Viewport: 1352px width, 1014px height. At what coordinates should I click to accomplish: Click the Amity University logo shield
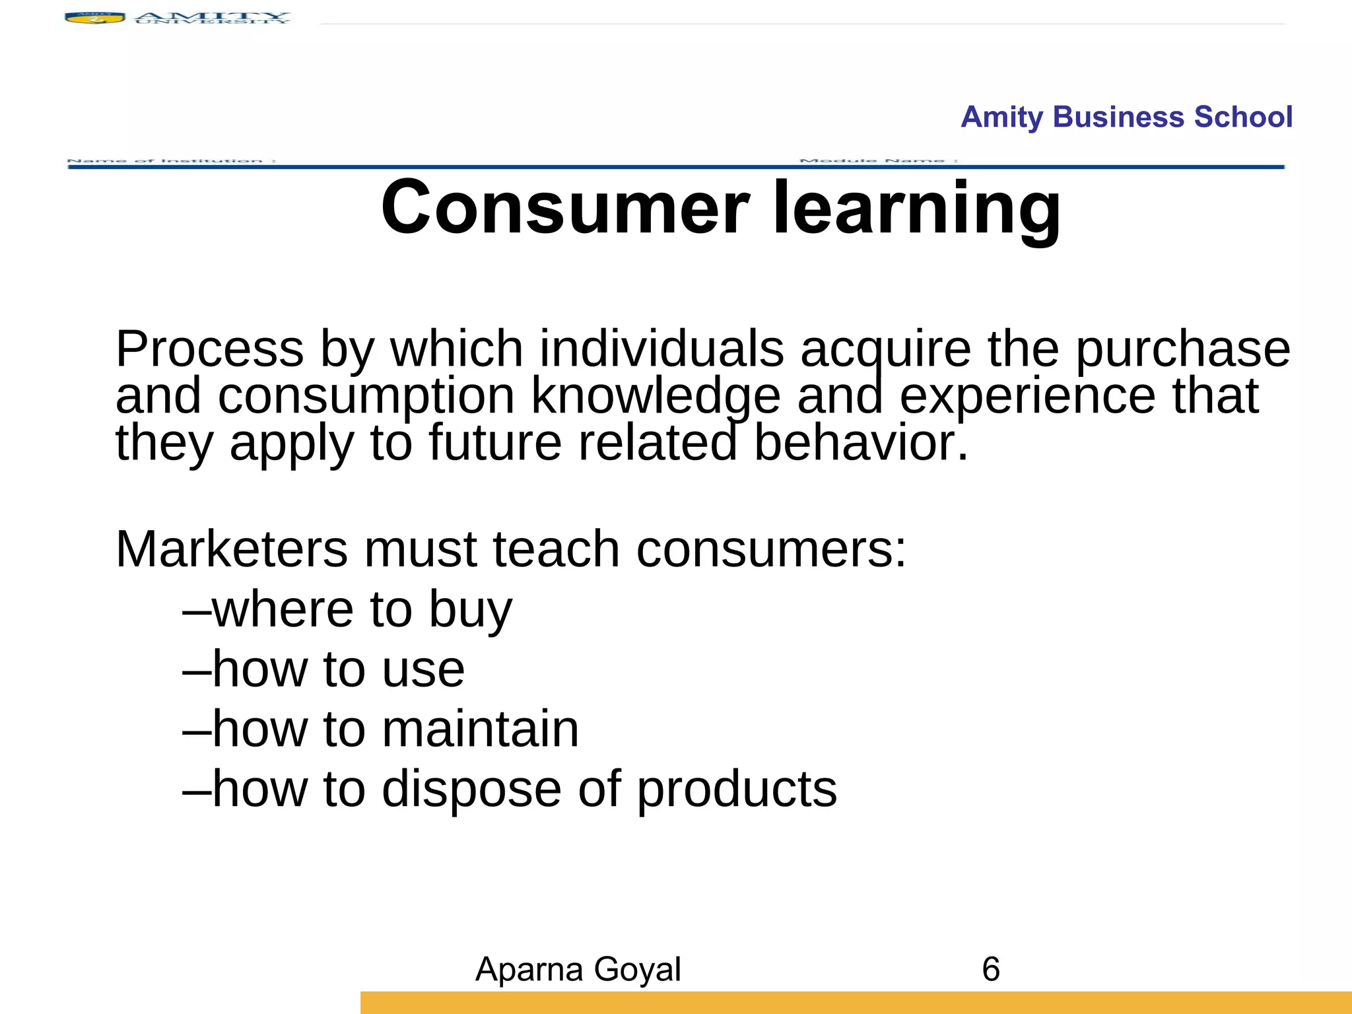click(x=94, y=18)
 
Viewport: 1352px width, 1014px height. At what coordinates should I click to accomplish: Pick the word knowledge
click(x=656, y=397)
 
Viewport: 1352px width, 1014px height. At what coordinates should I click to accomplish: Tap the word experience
click(x=1027, y=397)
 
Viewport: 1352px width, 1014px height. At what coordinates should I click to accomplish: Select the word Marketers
click(x=231, y=549)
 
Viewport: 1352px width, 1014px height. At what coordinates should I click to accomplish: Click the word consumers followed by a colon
click(x=771, y=549)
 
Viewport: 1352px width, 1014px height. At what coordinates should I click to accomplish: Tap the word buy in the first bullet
click(x=470, y=610)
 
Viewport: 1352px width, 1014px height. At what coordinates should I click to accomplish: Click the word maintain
click(x=480, y=729)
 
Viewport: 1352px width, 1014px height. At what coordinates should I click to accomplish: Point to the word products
click(x=737, y=790)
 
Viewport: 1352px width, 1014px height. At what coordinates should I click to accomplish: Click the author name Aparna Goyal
click(x=578, y=969)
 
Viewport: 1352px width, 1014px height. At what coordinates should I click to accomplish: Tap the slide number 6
click(x=990, y=969)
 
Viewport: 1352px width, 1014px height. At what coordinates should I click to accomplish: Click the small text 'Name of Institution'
click(x=172, y=160)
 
